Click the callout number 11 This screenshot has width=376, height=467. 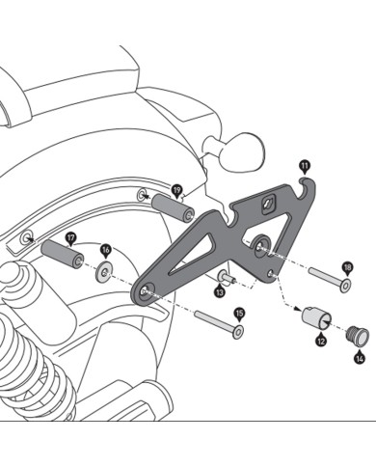pos(305,167)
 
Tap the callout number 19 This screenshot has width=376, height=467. pos(176,190)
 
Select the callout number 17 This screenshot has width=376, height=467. pos(70,237)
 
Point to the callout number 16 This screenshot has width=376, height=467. pos(106,250)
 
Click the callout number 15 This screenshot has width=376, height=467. pos(240,313)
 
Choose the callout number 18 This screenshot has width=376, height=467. pos(347,266)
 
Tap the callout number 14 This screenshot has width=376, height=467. pos(360,358)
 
